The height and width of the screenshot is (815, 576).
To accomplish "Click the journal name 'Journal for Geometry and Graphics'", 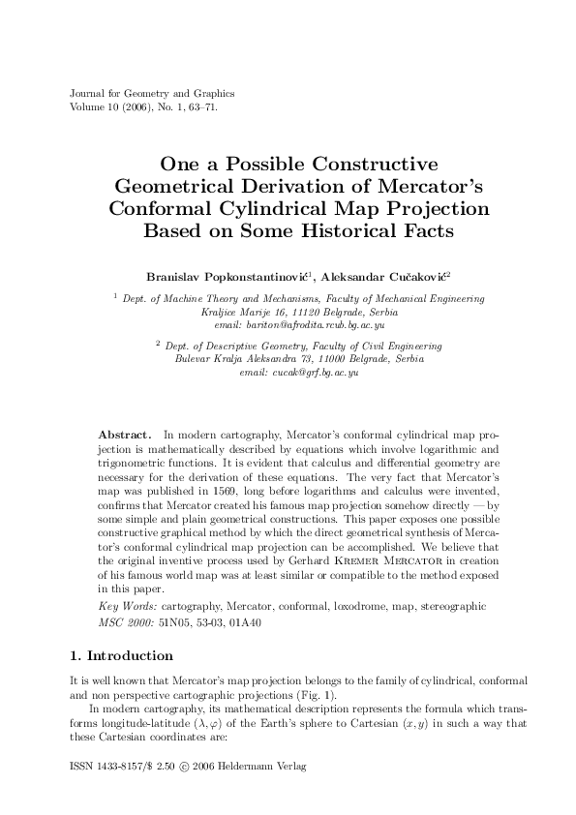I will (153, 94).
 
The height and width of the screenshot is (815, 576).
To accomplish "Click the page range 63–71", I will (200, 106).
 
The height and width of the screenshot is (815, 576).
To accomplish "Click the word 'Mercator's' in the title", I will (429, 186).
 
